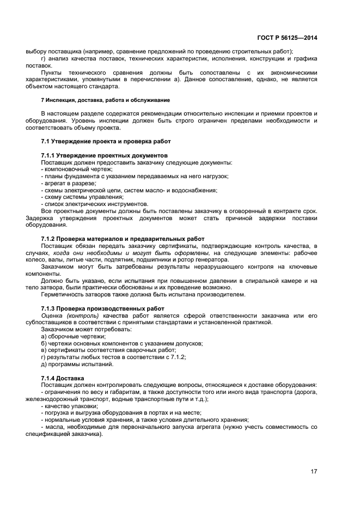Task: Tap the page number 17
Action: tap(314, 472)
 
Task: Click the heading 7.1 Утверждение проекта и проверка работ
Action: tap(106, 141)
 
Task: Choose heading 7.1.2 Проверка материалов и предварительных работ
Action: tap(123, 239)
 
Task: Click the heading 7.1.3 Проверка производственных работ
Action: tap(102, 308)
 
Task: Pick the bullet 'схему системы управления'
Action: tap(78, 197)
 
